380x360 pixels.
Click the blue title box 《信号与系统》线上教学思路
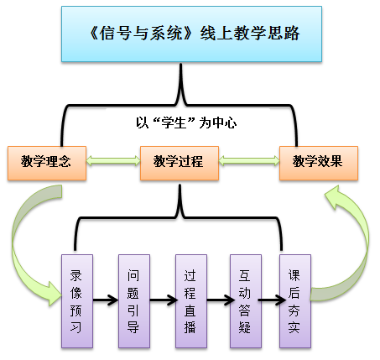(191, 34)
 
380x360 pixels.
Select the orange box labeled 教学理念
(47, 163)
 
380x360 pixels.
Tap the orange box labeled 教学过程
(180, 163)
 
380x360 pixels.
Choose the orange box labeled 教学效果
(319, 163)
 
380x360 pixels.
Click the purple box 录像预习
(77, 301)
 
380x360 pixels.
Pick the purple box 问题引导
(134, 301)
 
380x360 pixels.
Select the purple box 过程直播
(191, 301)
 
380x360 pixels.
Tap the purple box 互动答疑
(246, 301)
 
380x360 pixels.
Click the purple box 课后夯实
(295, 301)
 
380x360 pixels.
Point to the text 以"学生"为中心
(186, 123)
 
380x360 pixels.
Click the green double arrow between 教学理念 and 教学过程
(113, 160)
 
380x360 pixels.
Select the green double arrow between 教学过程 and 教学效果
(249, 160)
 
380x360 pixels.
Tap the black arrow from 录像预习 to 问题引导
(106, 300)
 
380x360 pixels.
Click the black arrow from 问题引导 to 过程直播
(164, 300)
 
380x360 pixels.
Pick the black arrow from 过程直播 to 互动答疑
(221, 300)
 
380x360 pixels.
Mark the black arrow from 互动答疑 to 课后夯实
(272, 300)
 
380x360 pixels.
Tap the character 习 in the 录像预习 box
(76, 327)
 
